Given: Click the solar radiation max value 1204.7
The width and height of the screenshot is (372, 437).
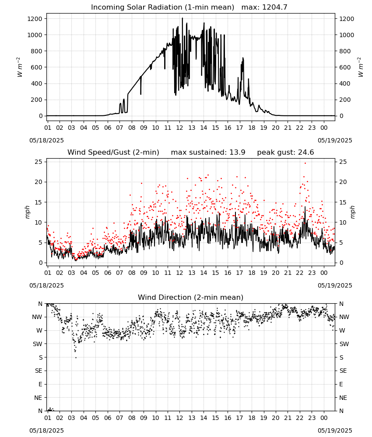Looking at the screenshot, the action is click(x=274, y=7).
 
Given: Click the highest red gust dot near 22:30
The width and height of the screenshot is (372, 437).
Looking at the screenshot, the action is click(x=305, y=163).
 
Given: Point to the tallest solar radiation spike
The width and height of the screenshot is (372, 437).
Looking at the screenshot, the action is click(x=182, y=18).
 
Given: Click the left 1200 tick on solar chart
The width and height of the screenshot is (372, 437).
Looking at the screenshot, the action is click(x=35, y=19).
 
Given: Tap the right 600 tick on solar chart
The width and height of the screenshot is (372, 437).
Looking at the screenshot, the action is click(x=345, y=67).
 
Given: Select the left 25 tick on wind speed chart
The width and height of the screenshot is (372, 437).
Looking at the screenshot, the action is click(x=39, y=162).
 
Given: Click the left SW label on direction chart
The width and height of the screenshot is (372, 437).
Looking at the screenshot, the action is click(x=38, y=344).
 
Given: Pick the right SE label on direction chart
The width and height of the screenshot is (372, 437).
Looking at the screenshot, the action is click(x=343, y=371).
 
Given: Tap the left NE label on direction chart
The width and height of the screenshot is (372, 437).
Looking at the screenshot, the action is click(x=38, y=398).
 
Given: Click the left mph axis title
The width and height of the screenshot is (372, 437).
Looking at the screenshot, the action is click(x=27, y=212).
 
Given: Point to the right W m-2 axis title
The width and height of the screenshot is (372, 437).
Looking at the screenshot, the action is click(x=360, y=67).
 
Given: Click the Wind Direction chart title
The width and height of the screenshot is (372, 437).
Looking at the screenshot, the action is click(x=191, y=297).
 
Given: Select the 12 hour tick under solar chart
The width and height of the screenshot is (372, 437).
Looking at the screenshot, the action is click(x=179, y=128).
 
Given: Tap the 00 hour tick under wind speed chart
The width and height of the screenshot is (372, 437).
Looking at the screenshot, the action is click(x=324, y=273).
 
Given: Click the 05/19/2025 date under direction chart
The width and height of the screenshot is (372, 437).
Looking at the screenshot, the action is click(x=335, y=430).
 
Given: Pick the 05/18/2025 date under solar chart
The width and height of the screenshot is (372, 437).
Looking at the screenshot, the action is click(x=46, y=140).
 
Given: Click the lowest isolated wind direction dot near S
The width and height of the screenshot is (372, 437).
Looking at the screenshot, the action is click(x=76, y=357).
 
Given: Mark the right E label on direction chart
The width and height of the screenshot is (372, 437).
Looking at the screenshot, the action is click(x=341, y=384).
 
